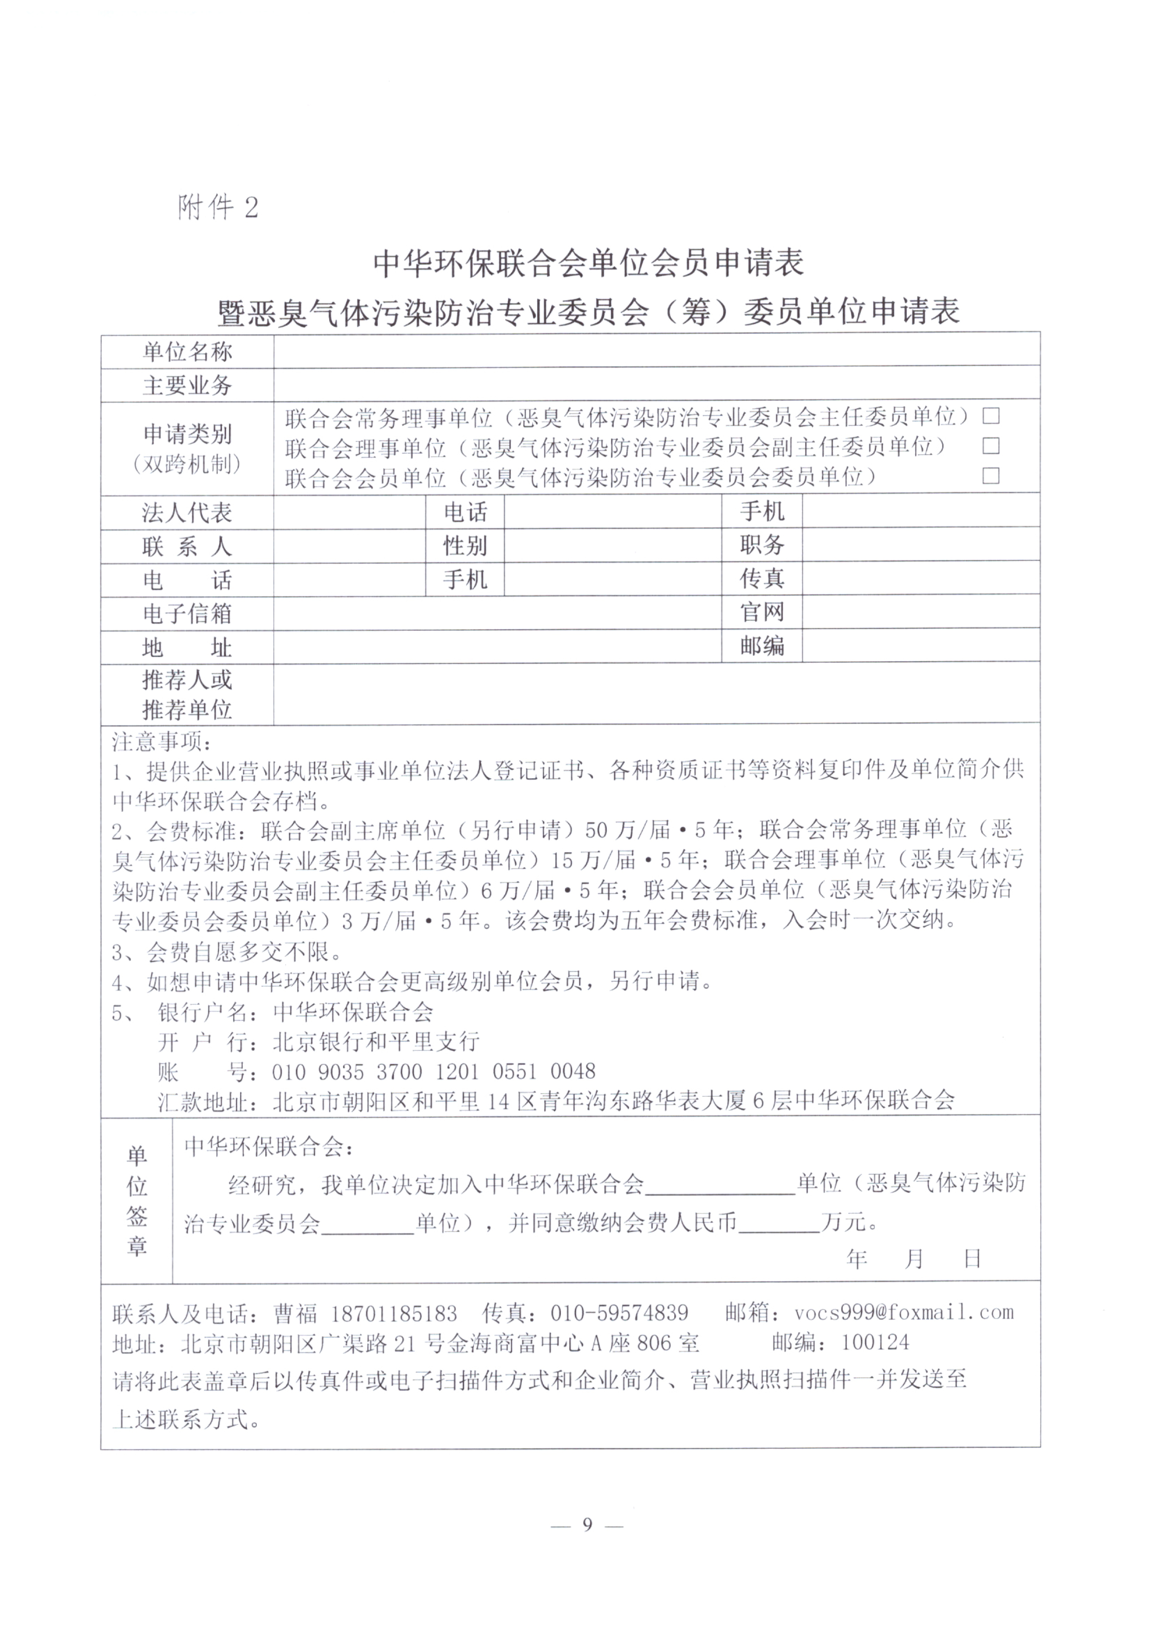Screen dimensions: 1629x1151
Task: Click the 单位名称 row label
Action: (187, 352)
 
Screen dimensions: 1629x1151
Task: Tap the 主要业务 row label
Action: (187, 385)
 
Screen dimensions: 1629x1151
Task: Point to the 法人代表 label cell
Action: (187, 512)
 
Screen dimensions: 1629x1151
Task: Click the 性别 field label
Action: (465, 546)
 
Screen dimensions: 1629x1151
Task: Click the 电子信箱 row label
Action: (187, 613)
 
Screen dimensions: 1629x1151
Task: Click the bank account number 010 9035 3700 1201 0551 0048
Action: (433, 1071)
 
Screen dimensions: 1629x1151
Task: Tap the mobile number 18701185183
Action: (394, 1313)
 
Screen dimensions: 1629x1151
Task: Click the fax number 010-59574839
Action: (619, 1313)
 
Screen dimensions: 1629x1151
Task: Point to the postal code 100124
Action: (874, 1342)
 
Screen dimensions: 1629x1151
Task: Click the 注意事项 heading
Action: (161, 742)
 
